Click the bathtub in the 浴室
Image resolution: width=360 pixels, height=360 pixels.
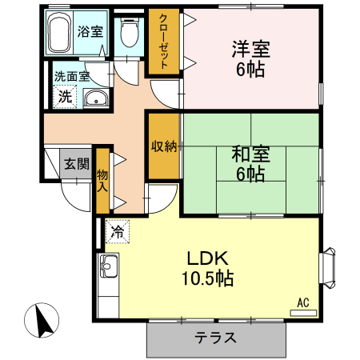coord(60,34)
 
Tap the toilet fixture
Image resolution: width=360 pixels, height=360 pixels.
coord(129,31)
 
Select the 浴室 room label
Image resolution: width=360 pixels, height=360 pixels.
coord(89,33)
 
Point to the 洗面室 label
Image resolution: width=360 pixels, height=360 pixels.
coord(72,78)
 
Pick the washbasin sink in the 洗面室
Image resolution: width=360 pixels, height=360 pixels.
coord(96,98)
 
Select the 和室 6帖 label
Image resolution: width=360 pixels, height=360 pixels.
coord(250,162)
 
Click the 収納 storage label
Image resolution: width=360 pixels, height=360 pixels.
coord(163,146)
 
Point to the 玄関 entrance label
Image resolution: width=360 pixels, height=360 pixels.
coord(76,164)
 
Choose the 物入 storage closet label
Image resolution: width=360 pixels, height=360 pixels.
coord(102,180)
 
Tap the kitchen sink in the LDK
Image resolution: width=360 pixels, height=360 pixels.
coord(108,268)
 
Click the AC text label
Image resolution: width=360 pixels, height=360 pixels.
coord(303,302)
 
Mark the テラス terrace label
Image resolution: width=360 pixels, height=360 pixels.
coord(216,337)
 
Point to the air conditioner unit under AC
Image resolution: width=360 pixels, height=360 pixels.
coord(303,312)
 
